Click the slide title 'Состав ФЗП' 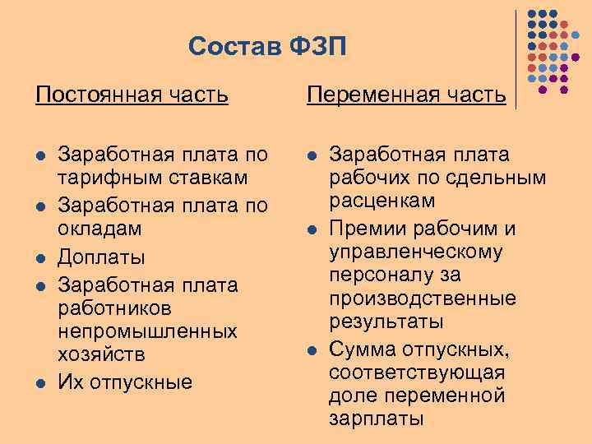click(x=267, y=47)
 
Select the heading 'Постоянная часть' click(x=132, y=95)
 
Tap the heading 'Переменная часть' click(x=406, y=95)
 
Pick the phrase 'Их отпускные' click(x=123, y=382)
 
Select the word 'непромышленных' click(x=147, y=331)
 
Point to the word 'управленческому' click(x=416, y=251)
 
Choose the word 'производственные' click(x=423, y=297)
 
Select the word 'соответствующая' click(x=417, y=372)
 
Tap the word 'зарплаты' click(x=377, y=418)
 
